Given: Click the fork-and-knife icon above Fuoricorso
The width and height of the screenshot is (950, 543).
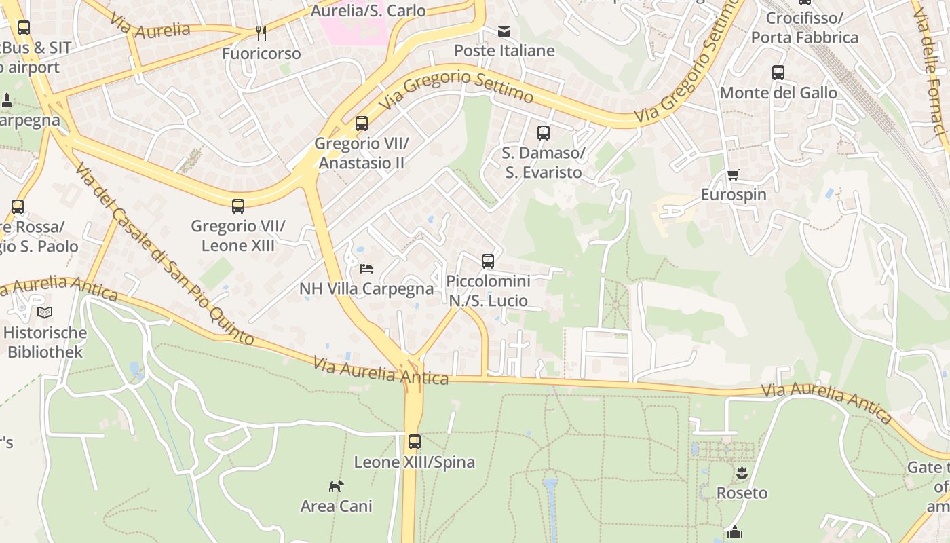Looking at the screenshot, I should (x=261, y=33).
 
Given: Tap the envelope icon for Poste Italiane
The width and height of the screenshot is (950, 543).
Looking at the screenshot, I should (x=504, y=31).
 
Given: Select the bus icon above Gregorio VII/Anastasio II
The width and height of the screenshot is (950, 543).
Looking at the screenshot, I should (x=362, y=124).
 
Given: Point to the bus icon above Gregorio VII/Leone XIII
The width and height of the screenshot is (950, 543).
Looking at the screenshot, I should (x=238, y=206).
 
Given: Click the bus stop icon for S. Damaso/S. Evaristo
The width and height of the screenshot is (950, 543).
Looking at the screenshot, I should (x=544, y=133).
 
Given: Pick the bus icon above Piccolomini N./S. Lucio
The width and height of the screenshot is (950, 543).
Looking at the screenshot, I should (x=488, y=261).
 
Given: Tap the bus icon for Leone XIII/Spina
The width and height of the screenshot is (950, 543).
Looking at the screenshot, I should (x=415, y=443).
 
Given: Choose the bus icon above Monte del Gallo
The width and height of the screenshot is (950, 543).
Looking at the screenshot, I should (x=778, y=73).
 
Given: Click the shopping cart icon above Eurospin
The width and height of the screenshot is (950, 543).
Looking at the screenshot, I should (x=734, y=175).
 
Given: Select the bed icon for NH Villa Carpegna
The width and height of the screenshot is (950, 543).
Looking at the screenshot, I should (x=366, y=269).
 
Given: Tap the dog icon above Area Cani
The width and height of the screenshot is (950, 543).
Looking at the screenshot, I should (x=337, y=486).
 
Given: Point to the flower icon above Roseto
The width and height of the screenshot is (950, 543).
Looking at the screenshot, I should (x=742, y=473).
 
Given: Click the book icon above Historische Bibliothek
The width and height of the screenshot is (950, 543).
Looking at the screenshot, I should (x=45, y=313).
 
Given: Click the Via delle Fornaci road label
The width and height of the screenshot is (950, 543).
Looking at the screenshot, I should (x=931, y=68).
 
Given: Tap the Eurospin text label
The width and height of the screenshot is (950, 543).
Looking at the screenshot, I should (x=734, y=195).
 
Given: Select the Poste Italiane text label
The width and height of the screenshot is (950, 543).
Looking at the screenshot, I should (x=504, y=51).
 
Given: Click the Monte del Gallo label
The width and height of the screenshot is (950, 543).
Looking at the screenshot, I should (x=778, y=93).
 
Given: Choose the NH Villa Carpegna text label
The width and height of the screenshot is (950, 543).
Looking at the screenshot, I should (x=366, y=288).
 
